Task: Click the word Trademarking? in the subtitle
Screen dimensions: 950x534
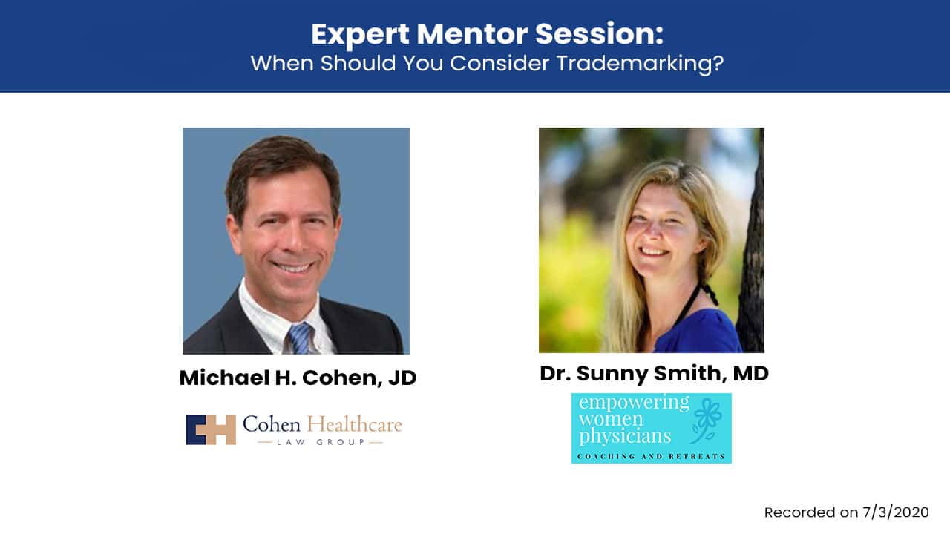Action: pyautogui.click(x=640, y=64)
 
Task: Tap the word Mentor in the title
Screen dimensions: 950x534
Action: pyautogui.click(x=471, y=34)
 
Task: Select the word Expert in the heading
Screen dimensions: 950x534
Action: pyautogui.click(x=361, y=35)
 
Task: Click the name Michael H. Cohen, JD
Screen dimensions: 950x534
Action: pyautogui.click(x=298, y=378)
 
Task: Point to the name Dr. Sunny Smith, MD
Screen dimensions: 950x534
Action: pyautogui.click(x=654, y=373)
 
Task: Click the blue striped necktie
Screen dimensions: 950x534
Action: pyautogui.click(x=301, y=339)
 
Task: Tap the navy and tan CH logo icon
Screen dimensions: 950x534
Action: pyautogui.click(x=211, y=429)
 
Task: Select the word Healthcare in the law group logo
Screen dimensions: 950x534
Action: pyautogui.click(x=354, y=424)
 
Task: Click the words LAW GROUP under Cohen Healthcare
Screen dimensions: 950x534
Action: pyautogui.click(x=321, y=442)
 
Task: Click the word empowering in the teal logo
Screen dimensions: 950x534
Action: pyautogui.click(x=634, y=403)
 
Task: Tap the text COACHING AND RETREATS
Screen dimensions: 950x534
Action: pyautogui.click(x=651, y=456)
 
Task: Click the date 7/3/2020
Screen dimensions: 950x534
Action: pyautogui.click(x=896, y=512)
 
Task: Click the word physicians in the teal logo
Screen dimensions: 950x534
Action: pyautogui.click(x=625, y=437)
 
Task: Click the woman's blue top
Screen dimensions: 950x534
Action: pyautogui.click(x=699, y=332)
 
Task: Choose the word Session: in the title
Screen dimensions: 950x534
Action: pyautogui.click(x=599, y=34)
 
